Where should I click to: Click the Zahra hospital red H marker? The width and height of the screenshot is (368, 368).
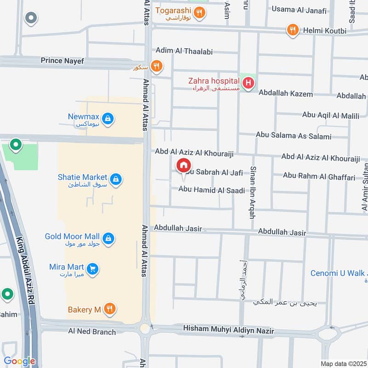click(248, 83)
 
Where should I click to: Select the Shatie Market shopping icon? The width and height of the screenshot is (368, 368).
click(116, 179)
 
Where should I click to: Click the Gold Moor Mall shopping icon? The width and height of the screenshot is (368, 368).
click(108, 238)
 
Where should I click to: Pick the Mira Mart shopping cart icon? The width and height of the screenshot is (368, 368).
click(93, 269)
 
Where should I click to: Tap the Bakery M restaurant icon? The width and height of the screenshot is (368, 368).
click(109, 309)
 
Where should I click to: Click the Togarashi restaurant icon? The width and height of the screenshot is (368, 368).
click(199, 12)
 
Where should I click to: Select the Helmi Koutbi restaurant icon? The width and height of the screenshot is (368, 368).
click(293, 30)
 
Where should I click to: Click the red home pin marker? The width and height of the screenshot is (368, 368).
click(184, 165)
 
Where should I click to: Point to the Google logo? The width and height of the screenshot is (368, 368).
click(19, 361)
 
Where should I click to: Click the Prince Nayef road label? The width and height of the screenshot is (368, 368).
click(63, 60)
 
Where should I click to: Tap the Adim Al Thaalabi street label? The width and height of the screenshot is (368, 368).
click(184, 52)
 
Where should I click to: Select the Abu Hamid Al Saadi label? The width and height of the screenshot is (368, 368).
click(212, 189)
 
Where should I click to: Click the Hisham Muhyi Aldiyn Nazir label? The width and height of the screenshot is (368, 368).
click(228, 330)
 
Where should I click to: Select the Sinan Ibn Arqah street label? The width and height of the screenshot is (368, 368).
click(253, 192)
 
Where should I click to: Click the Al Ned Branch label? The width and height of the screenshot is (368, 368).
click(92, 331)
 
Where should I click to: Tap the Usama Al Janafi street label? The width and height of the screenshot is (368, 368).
click(299, 10)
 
